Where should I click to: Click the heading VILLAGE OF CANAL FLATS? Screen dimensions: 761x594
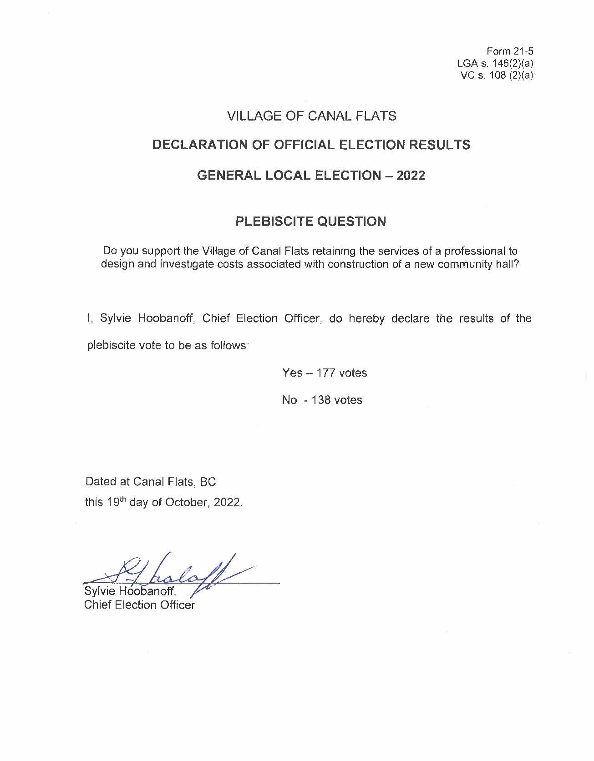tap(312, 116)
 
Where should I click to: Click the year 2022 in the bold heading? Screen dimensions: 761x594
tap(411, 176)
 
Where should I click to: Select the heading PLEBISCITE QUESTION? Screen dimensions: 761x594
tap(311, 222)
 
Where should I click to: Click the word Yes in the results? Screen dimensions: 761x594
tap(292, 373)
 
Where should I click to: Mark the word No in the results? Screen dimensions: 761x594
tap(289, 400)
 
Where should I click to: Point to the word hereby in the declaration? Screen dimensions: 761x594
tap(366, 318)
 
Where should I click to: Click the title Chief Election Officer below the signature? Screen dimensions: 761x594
tap(139, 605)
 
